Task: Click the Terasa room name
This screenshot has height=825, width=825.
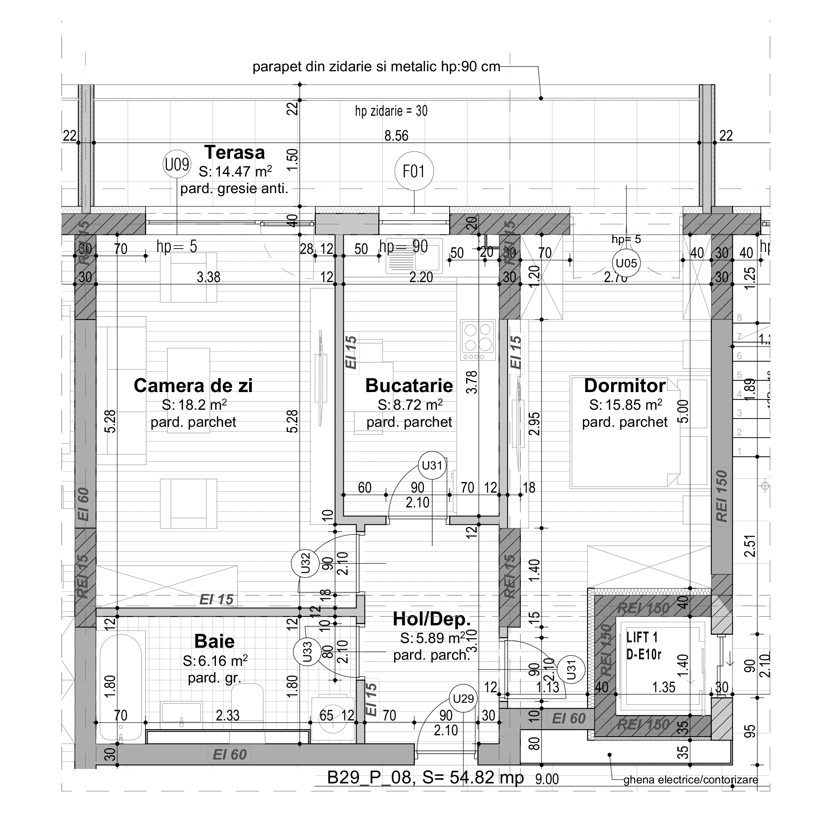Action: coord(234,152)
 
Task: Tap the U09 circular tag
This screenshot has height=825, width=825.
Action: coord(177,164)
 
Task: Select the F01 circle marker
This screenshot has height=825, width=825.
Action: coord(414,171)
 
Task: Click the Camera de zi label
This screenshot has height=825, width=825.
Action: coord(193,386)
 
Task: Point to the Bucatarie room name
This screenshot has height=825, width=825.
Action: coord(409,386)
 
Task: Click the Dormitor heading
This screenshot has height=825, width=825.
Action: coord(624,386)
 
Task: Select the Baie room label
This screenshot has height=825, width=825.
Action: coord(214,641)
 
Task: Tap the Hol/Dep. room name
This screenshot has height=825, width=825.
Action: coord(431,619)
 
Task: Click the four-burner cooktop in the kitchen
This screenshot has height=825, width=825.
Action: coord(478,340)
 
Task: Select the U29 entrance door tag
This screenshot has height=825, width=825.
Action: coord(463,699)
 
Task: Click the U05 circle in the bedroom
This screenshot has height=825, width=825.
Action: coord(626,263)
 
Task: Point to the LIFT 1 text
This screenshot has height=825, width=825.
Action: coord(642,638)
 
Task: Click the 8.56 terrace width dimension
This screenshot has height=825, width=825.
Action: coord(396,136)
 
